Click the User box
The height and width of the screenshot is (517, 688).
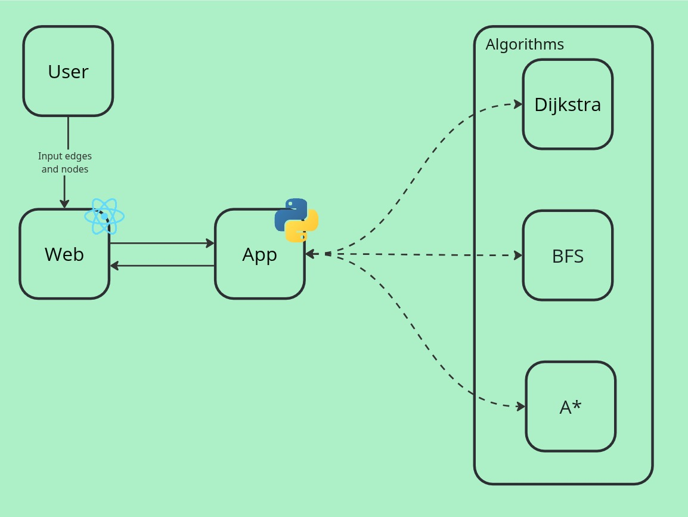pyautogui.click(x=68, y=71)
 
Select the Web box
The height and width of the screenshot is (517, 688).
pyautogui.click(x=64, y=254)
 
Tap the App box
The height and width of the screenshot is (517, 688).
pyautogui.click(x=259, y=254)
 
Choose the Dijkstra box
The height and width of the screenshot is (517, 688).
pyautogui.click(x=568, y=104)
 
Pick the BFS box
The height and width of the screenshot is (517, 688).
pyautogui.click(x=568, y=256)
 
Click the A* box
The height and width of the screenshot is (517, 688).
pyautogui.click(x=571, y=407)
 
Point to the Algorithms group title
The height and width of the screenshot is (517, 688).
pyautogui.click(x=525, y=44)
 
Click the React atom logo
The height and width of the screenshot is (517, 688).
pyautogui.click(x=104, y=216)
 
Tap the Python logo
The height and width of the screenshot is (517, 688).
pyautogui.click(x=296, y=220)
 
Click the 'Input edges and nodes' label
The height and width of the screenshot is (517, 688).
pyautogui.click(x=65, y=162)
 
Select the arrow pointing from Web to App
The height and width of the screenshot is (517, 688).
pyautogui.click(x=162, y=243)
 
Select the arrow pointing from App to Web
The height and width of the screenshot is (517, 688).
pyautogui.click(x=162, y=266)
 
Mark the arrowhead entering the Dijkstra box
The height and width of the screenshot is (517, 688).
pyautogui.click(x=519, y=104)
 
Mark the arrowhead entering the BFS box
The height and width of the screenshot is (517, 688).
pyautogui.click(x=519, y=256)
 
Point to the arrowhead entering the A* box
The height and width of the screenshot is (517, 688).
pyautogui.click(x=521, y=407)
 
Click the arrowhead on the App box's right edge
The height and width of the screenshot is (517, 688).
pyautogui.click(x=310, y=254)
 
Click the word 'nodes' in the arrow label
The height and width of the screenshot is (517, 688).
pyautogui.click(x=75, y=169)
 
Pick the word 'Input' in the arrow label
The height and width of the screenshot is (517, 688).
pyautogui.click(x=49, y=156)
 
